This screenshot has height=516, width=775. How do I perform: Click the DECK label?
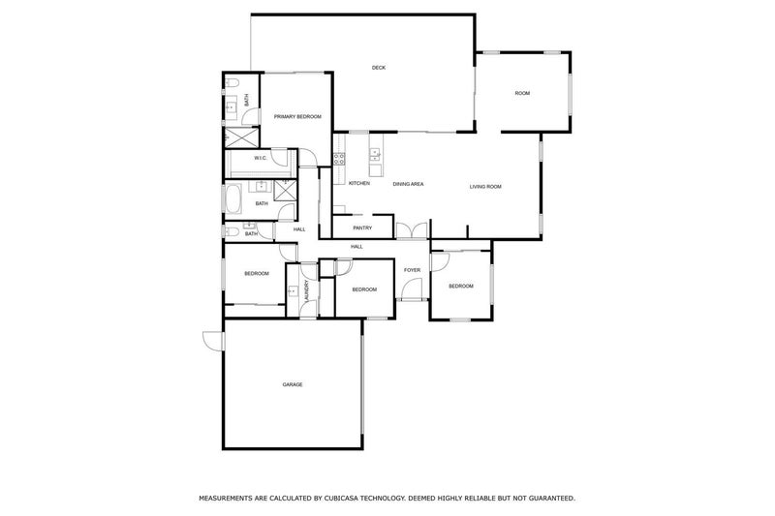(379, 67)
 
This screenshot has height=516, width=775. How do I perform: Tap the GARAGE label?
(293, 384)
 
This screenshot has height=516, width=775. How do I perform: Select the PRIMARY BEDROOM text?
(297, 116)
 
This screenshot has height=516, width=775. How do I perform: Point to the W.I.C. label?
(261, 158)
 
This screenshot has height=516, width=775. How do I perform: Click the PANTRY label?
(362, 228)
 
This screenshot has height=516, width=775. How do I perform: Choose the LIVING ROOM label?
(485, 186)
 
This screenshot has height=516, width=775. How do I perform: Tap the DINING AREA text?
(408, 184)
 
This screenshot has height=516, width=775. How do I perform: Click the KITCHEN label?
(359, 184)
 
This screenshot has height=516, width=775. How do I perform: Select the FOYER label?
(412, 269)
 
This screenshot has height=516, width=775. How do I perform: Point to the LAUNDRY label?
(306, 293)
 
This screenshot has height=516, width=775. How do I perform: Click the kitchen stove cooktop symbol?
(340, 159)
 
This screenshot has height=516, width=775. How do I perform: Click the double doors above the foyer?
(411, 230)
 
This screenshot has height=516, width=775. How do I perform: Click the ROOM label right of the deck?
(522, 93)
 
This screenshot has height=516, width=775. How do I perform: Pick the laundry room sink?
(293, 291)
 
